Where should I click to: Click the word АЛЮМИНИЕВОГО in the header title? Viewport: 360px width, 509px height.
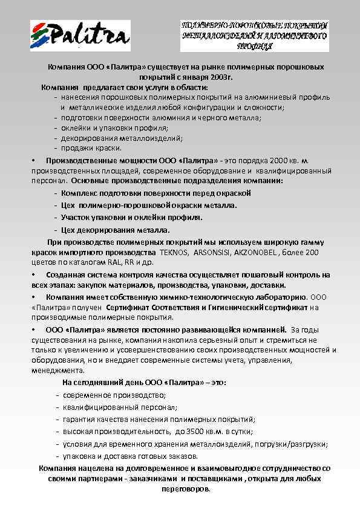(295, 36)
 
